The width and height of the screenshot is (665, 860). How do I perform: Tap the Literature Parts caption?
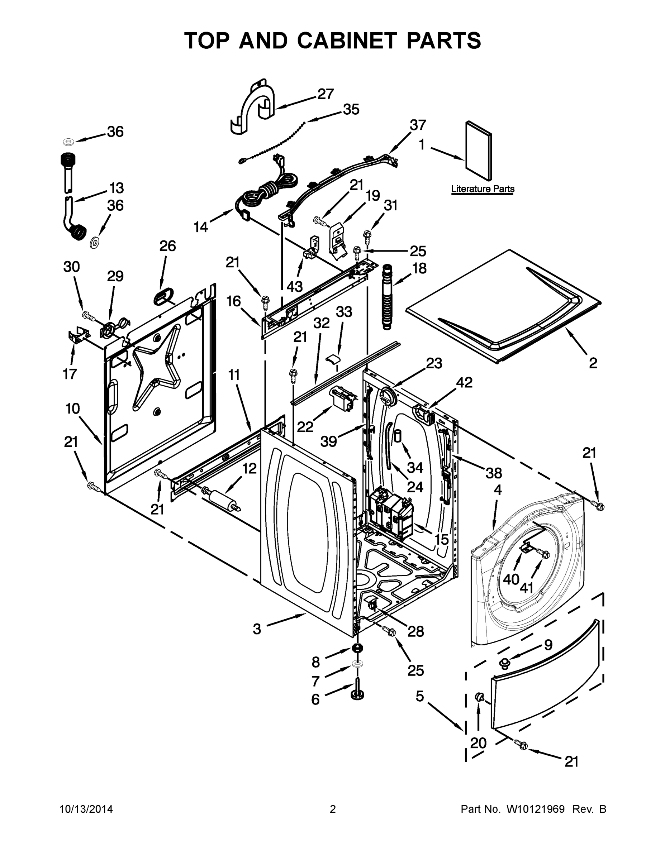(x=483, y=189)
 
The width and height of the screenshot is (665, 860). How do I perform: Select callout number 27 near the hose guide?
(x=326, y=94)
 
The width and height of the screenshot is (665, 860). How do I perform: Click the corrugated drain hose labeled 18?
(x=387, y=297)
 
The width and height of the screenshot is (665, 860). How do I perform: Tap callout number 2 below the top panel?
(x=593, y=363)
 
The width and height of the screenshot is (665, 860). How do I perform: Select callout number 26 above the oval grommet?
(x=167, y=246)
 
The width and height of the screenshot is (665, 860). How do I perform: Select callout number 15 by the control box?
(x=441, y=539)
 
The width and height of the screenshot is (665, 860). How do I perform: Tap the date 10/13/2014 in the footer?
(x=86, y=809)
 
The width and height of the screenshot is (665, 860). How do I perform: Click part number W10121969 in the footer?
(x=536, y=809)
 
